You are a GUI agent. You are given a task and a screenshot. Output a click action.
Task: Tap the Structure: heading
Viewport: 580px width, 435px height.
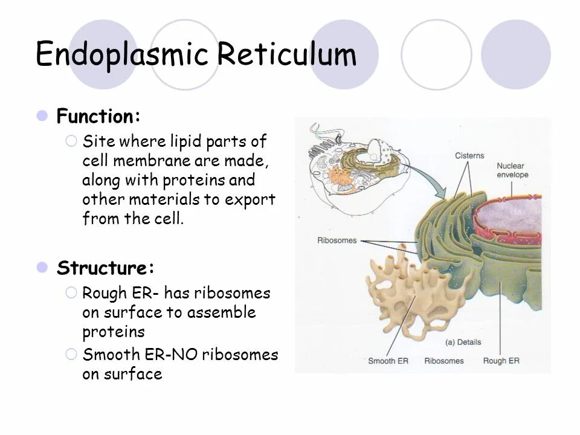point(106,268)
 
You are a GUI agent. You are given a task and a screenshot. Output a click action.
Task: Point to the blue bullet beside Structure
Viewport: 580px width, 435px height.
point(42,267)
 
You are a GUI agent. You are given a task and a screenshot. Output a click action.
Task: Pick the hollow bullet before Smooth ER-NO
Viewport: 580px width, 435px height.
point(71,354)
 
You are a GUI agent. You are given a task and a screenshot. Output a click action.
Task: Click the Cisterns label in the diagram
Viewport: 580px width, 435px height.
point(469,156)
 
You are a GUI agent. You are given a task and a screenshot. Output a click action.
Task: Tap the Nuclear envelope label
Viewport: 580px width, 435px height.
point(512,170)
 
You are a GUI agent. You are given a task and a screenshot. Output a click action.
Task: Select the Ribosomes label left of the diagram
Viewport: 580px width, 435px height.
point(337,240)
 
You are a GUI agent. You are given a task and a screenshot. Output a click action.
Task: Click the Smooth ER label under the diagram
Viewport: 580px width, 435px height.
point(389,361)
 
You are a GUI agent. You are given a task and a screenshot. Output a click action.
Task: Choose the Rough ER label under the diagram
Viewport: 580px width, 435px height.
point(501,361)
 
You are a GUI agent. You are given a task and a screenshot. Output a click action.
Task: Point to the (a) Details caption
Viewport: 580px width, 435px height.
point(463,342)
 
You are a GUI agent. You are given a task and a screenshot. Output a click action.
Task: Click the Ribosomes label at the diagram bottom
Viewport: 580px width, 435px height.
point(443,361)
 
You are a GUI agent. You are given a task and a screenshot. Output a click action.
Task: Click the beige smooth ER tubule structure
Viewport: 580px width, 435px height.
point(399,290)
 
